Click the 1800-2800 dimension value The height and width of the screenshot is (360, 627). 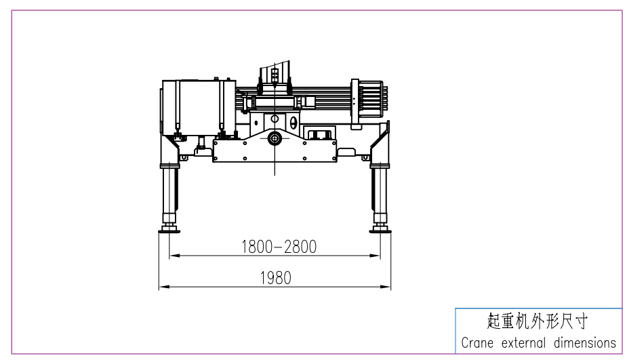(279, 246)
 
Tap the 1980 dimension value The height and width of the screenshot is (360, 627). (275, 278)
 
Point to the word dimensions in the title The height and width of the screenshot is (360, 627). (584, 343)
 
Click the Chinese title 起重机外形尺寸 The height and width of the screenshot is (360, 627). (538, 321)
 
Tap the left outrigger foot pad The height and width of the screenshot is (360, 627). (169, 230)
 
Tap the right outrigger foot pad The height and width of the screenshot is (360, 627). (380, 230)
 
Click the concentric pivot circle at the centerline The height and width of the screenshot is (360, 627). (275, 138)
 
